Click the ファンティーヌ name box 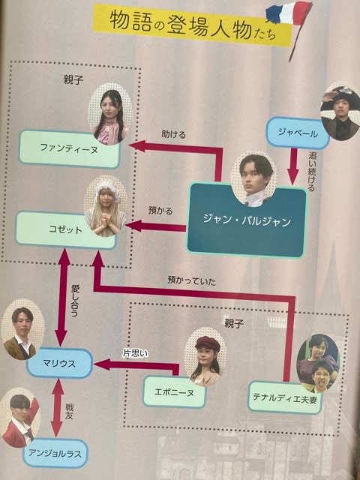(x=69, y=149)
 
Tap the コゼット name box (x=65, y=229)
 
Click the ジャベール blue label (x=297, y=133)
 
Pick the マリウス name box (x=59, y=363)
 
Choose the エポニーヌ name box (x=174, y=391)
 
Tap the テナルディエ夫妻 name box (x=284, y=397)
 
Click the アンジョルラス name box (x=55, y=453)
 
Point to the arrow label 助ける (x=173, y=134)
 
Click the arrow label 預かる (x=160, y=211)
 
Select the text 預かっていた (x=192, y=280)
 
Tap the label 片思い (x=135, y=353)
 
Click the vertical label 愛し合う (x=75, y=301)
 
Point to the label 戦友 (x=69, y=412)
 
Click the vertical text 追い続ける (x=311, y=172)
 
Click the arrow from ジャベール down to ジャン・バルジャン (x=293, y=166)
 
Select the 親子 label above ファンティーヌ (x=73, y=80)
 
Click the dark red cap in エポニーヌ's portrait (x=207, y=343)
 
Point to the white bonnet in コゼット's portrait (x=107, y=188)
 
